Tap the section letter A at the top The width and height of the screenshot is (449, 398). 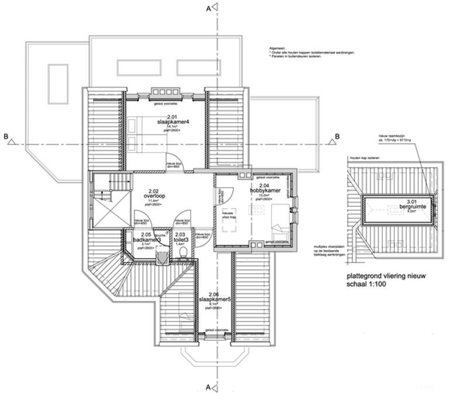207,8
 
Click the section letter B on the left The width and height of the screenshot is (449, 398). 6,137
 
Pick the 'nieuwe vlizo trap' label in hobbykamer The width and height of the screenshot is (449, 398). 227,214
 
